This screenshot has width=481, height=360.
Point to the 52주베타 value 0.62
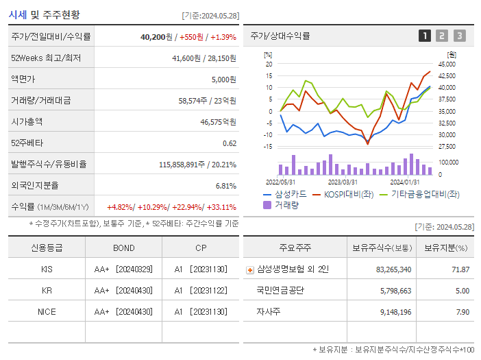[x=230, y=143]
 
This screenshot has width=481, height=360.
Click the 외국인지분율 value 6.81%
[x=225, y=186]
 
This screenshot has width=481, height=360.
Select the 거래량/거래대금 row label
[x=40, y=101]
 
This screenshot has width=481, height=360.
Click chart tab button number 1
[x=425, y=36]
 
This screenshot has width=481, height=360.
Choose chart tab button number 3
[x=459, y=36]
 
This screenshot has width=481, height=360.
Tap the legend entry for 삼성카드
[x=280, y=195]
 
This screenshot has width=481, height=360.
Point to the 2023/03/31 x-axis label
[x=343, y=182]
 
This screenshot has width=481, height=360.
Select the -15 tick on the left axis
[x=268, y=146]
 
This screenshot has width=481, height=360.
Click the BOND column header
[x=123, y=248]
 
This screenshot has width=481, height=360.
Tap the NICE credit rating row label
[x=47, y=311]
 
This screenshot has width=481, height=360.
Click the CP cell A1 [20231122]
[x=200, y=290]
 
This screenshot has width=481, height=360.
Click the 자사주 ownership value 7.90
[x=460, y=311]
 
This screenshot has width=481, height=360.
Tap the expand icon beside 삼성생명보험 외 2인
[x=249, y=269]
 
